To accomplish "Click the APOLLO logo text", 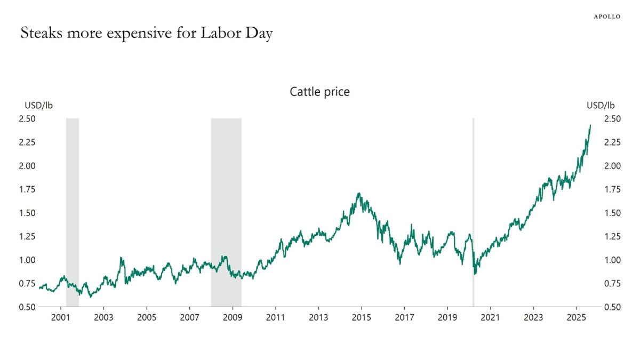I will click(x=607, y=17).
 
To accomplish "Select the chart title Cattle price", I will click(x=319, y=92).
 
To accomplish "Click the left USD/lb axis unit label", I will click(x=38, y=105).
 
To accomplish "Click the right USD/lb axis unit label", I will click(x=601, y=105).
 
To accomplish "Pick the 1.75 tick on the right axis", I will click(x=612, y=189).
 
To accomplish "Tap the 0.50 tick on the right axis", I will click(x=612, y=307).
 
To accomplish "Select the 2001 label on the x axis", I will click(x=61, y=317).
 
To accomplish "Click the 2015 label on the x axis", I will click(x=362, y=317).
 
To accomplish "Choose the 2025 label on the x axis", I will click(x=576, y=317).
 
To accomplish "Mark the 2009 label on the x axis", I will click(x=233, y=317).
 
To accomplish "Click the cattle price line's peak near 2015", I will click(x=359, y=194).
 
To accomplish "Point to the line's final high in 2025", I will click(x=590, y=125).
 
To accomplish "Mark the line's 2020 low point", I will click(x=475, y=274).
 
